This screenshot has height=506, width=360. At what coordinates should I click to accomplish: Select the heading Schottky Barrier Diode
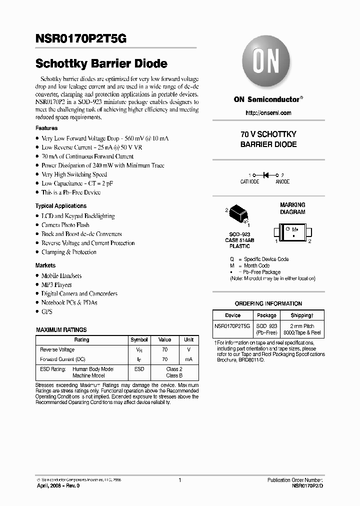101,64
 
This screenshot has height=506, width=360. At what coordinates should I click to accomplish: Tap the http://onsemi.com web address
268,113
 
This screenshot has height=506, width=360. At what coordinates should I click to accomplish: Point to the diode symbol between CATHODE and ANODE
266,175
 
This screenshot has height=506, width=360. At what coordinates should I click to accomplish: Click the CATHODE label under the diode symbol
250,182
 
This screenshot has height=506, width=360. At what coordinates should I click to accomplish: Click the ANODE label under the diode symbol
282,182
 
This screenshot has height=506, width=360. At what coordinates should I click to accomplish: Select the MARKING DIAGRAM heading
292,208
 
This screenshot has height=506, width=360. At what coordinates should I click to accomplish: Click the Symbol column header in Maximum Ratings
139,339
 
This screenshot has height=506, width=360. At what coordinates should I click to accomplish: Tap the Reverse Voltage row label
57,349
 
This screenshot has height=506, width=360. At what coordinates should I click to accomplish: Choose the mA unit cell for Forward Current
188,359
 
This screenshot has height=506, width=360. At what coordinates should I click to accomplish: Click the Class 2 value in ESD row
174,369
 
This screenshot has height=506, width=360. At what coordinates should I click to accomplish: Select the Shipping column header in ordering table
302,315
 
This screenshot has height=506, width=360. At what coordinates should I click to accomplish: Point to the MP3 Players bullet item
56,284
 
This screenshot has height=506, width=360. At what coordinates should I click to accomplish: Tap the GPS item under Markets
47,311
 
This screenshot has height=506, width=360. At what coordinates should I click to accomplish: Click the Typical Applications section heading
61,206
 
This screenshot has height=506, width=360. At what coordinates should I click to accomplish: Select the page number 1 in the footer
179,479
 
